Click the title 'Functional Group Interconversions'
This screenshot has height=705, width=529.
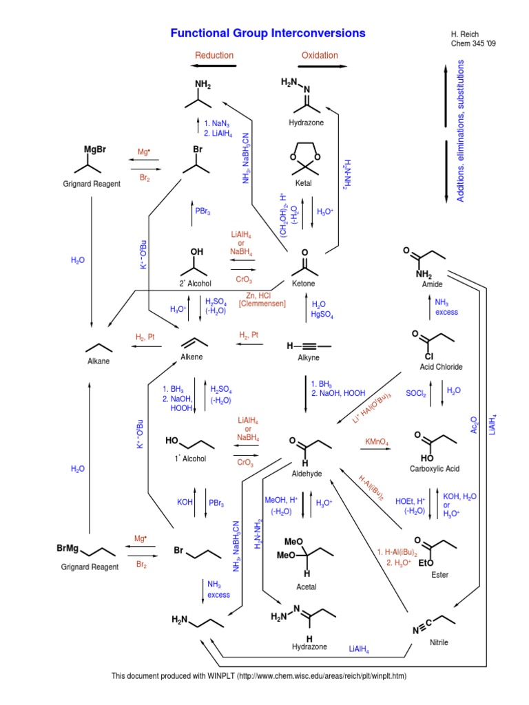268,33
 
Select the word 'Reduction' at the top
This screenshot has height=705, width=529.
214,55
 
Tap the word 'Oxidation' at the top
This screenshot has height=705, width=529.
320,55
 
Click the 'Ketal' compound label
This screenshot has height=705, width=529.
304,184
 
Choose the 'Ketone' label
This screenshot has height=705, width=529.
304,284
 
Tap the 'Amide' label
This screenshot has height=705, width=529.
432,284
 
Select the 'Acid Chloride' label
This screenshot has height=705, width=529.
441,367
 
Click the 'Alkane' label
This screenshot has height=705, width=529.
98,360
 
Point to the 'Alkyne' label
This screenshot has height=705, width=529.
307,357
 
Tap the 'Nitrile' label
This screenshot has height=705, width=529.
438,642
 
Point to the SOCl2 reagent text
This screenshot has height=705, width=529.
415,392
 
